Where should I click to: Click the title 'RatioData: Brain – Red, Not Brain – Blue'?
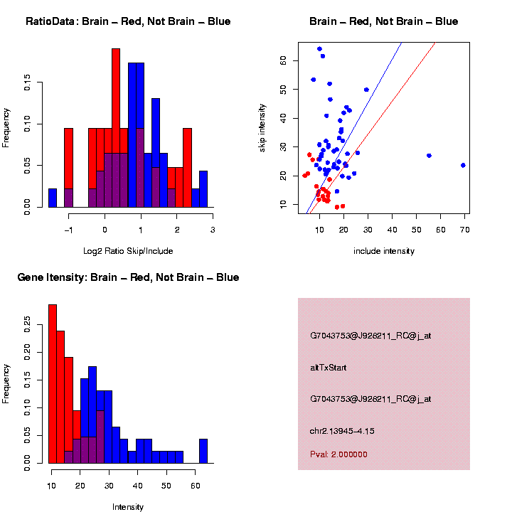click(x=128, y=21)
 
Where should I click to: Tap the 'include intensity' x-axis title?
click(x=384, y=251)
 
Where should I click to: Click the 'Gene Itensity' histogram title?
click(x=128, y=277)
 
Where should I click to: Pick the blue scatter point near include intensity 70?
click(x=463, y=165)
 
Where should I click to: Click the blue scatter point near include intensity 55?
click(x=429, y=156)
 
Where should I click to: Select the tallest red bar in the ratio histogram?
click(x=115, y=128)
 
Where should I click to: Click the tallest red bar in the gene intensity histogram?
click(x=53, y=384)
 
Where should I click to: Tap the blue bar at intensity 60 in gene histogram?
click(x=203, y=451)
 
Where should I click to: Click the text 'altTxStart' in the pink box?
click(x=328, y=368)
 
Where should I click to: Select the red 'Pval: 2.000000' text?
click(x=338, y=454)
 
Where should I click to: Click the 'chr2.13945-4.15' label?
click(x=342, y=431)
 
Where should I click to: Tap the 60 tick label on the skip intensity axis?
click(x=282, y=61)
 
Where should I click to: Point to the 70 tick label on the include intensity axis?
click(x=464, y=229)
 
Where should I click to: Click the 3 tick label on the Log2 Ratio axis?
click(x=212, y=229)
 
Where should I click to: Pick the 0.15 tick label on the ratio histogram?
click(x=28, y=84)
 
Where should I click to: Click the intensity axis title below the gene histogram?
click(x=128, y=507)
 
